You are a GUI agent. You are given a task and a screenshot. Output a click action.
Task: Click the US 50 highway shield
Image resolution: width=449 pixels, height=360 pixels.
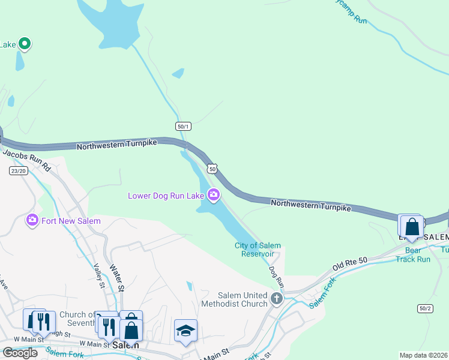coord(212,169)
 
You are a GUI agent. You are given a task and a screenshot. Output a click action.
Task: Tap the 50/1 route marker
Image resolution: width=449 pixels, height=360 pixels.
coord(184,126)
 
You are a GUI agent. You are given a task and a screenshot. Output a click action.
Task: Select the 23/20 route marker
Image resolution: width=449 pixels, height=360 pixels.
coord(19,171)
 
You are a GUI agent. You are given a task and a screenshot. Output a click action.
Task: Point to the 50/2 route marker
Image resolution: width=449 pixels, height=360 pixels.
coord(424,308)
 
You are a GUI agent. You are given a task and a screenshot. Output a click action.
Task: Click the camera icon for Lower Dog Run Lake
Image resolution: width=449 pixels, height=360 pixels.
coord(213,194)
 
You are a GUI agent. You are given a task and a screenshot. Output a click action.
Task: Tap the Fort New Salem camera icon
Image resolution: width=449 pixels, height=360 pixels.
coord(32,220)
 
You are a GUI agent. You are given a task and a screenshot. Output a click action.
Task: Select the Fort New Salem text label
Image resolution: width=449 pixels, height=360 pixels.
coord(71,221)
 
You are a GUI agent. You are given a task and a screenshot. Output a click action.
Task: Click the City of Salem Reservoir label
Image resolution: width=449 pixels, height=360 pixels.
coord(258,250)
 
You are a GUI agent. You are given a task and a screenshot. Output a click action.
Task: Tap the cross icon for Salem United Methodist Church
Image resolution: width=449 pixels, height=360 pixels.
coord(276,298)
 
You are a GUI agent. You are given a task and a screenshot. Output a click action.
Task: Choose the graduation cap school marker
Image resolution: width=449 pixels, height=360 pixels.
coord(185,330)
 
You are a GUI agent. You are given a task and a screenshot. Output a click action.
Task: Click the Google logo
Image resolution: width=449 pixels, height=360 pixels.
coord(20,353)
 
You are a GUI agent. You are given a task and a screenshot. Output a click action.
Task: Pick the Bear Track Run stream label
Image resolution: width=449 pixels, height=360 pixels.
coord(413,254)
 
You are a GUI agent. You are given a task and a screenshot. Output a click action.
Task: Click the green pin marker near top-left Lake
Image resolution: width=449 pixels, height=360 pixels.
coord(25,43)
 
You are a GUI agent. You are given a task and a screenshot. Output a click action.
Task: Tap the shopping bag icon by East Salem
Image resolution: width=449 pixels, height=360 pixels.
coord(412,227)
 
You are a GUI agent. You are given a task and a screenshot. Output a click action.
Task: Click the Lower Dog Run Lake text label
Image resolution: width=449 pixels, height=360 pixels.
coord(166,195)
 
